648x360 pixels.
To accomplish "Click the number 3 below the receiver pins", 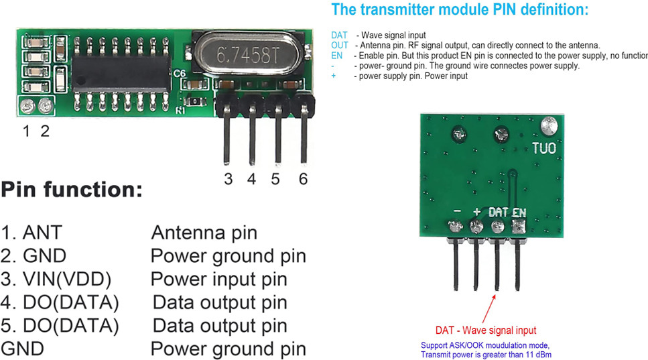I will point(228,179).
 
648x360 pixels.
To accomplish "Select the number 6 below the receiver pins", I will point(303,179).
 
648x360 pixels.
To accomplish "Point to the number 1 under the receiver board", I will point(26,131).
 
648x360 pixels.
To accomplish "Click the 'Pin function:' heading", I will point(72,190).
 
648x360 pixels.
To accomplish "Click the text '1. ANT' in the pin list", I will point(31,233).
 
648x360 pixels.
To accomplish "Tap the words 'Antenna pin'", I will point(204,233).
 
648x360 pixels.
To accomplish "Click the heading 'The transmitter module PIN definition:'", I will point(460,10).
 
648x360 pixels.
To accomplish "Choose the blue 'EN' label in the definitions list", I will point(336,56).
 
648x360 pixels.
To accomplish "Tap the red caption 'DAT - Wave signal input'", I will point(486,330).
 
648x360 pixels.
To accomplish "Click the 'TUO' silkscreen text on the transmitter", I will point(543,148).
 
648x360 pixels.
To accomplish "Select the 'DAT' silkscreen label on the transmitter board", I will point(498,212).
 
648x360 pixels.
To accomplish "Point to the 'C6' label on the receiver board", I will point(179,74).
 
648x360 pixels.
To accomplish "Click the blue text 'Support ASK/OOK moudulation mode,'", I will point(485,345).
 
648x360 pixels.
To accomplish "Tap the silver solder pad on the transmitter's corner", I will point(550,125).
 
